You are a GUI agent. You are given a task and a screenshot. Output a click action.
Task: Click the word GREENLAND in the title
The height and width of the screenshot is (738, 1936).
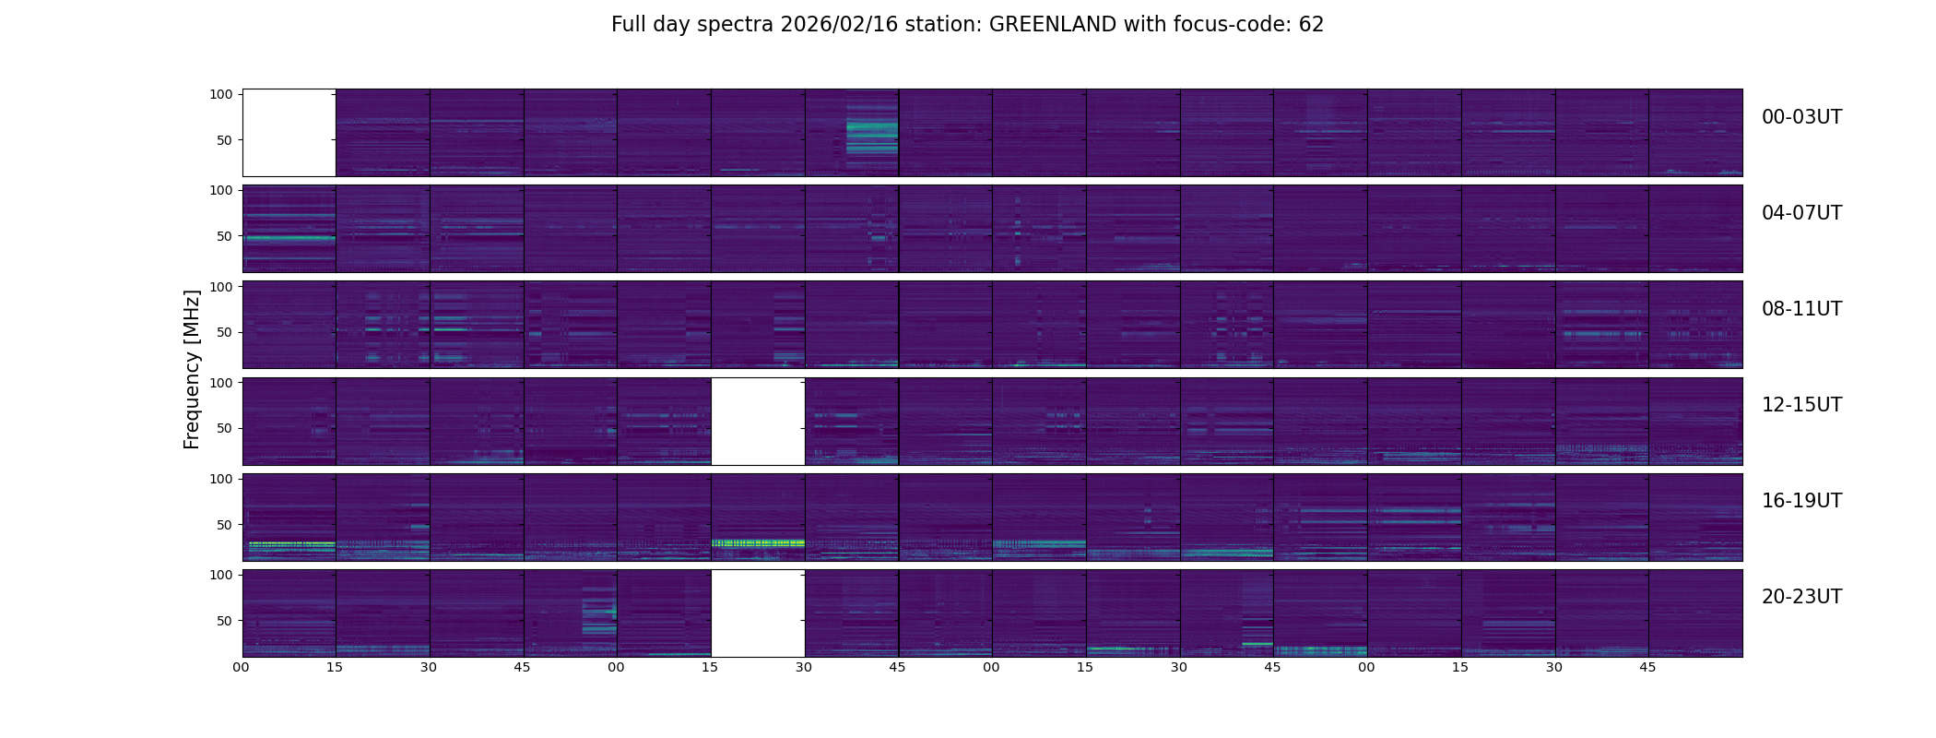pos(1052,25)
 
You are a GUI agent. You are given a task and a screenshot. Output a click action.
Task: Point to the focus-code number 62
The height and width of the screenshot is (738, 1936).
pos(1311,25)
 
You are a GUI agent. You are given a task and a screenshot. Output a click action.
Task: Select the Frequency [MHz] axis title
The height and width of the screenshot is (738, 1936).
pos(192,369)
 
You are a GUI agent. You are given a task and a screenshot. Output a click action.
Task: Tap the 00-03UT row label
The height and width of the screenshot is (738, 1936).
pos(1801,117)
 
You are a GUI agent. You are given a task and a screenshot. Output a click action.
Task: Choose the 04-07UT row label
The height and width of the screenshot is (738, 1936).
pos(1801,213)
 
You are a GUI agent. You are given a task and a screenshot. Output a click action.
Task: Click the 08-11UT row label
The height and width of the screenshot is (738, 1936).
pos(1801,309)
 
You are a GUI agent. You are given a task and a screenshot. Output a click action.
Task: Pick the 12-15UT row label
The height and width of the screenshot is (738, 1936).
pos(1801,405)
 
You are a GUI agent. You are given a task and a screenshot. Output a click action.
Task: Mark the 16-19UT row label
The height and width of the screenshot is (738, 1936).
pos(1801,501)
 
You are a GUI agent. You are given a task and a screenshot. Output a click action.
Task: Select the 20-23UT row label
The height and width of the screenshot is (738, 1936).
pos(1801,597)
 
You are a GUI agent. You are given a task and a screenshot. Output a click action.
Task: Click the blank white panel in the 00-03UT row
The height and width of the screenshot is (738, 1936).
pos(289,132)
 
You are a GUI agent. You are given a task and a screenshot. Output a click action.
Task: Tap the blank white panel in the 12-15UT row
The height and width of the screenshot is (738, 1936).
pos(758,421)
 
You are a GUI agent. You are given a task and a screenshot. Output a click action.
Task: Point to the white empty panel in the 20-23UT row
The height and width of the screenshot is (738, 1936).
pos(758,613)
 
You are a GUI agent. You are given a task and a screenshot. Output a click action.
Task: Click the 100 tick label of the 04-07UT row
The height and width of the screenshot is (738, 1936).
pos(221,191)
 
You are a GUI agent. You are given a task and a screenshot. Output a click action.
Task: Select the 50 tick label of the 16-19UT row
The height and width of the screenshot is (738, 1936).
pos(225,525)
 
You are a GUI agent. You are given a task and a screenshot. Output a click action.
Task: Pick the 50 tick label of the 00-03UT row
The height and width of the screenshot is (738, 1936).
pos(225,141)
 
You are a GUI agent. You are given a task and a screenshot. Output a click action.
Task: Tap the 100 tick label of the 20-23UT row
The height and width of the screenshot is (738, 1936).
pos(221,575)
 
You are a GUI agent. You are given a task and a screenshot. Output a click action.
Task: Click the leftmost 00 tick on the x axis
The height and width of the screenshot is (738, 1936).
pos(242,667)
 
